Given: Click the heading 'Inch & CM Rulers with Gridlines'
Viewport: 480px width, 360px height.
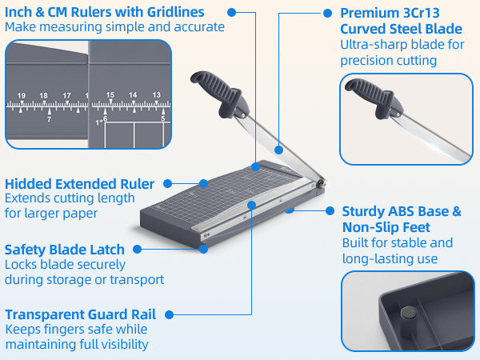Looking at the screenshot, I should pyautogui.click(x=104, y=12).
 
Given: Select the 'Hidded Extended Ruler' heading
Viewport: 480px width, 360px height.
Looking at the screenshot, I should pyautogui.click(x=79, y=184).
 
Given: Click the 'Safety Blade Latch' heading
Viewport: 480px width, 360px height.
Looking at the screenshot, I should pyautogui.click(x=67, y=249).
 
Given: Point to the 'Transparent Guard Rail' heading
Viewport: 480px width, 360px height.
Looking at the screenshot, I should pyautogui.click(x=80, y=314).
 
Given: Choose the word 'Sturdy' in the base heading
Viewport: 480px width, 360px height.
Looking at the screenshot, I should pyautogui.click(x=365, y=211).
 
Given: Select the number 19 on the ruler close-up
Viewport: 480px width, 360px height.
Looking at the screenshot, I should pyautogui.click(x=22, y=94).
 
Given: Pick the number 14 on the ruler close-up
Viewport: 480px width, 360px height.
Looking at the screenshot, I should pyautogui.click(x=133, y=94).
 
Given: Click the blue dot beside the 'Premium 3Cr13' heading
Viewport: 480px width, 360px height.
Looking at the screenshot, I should pyautogui.click(x=327, y=14).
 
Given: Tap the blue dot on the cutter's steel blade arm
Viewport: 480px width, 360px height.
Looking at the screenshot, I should pyautogui.click(x=278, y=148).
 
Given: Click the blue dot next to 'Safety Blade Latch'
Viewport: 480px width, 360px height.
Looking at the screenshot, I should pyautogui.click(x=206, y=249).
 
